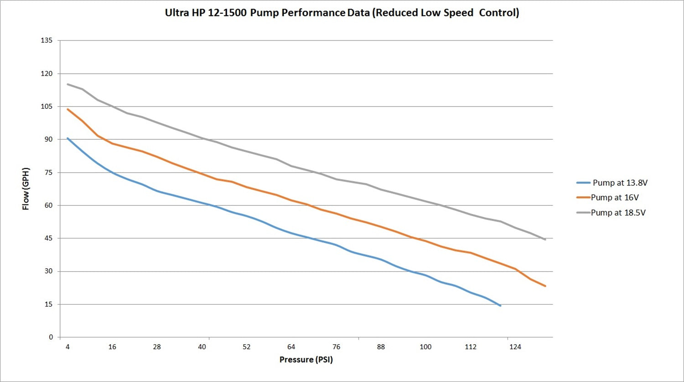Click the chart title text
(342, 13)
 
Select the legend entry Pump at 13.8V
(620, 183)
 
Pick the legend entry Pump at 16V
(614, 198)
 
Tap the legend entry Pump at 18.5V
(618, 213)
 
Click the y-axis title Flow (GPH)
(26, 188)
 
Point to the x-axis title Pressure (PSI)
(306, 360)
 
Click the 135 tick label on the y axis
(47, 41)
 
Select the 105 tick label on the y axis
(47, 107)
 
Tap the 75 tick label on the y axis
(48, 173)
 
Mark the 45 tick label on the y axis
(48, 238)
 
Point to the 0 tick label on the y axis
(51, 337)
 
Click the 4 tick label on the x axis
(67, 347)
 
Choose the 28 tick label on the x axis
(157, 347)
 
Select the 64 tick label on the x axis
(291, 347)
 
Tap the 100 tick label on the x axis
(425, 347)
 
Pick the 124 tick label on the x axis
(515, 347)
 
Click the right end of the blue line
(500, 306)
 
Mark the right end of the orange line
(545, 286)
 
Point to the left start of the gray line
(67, 84)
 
